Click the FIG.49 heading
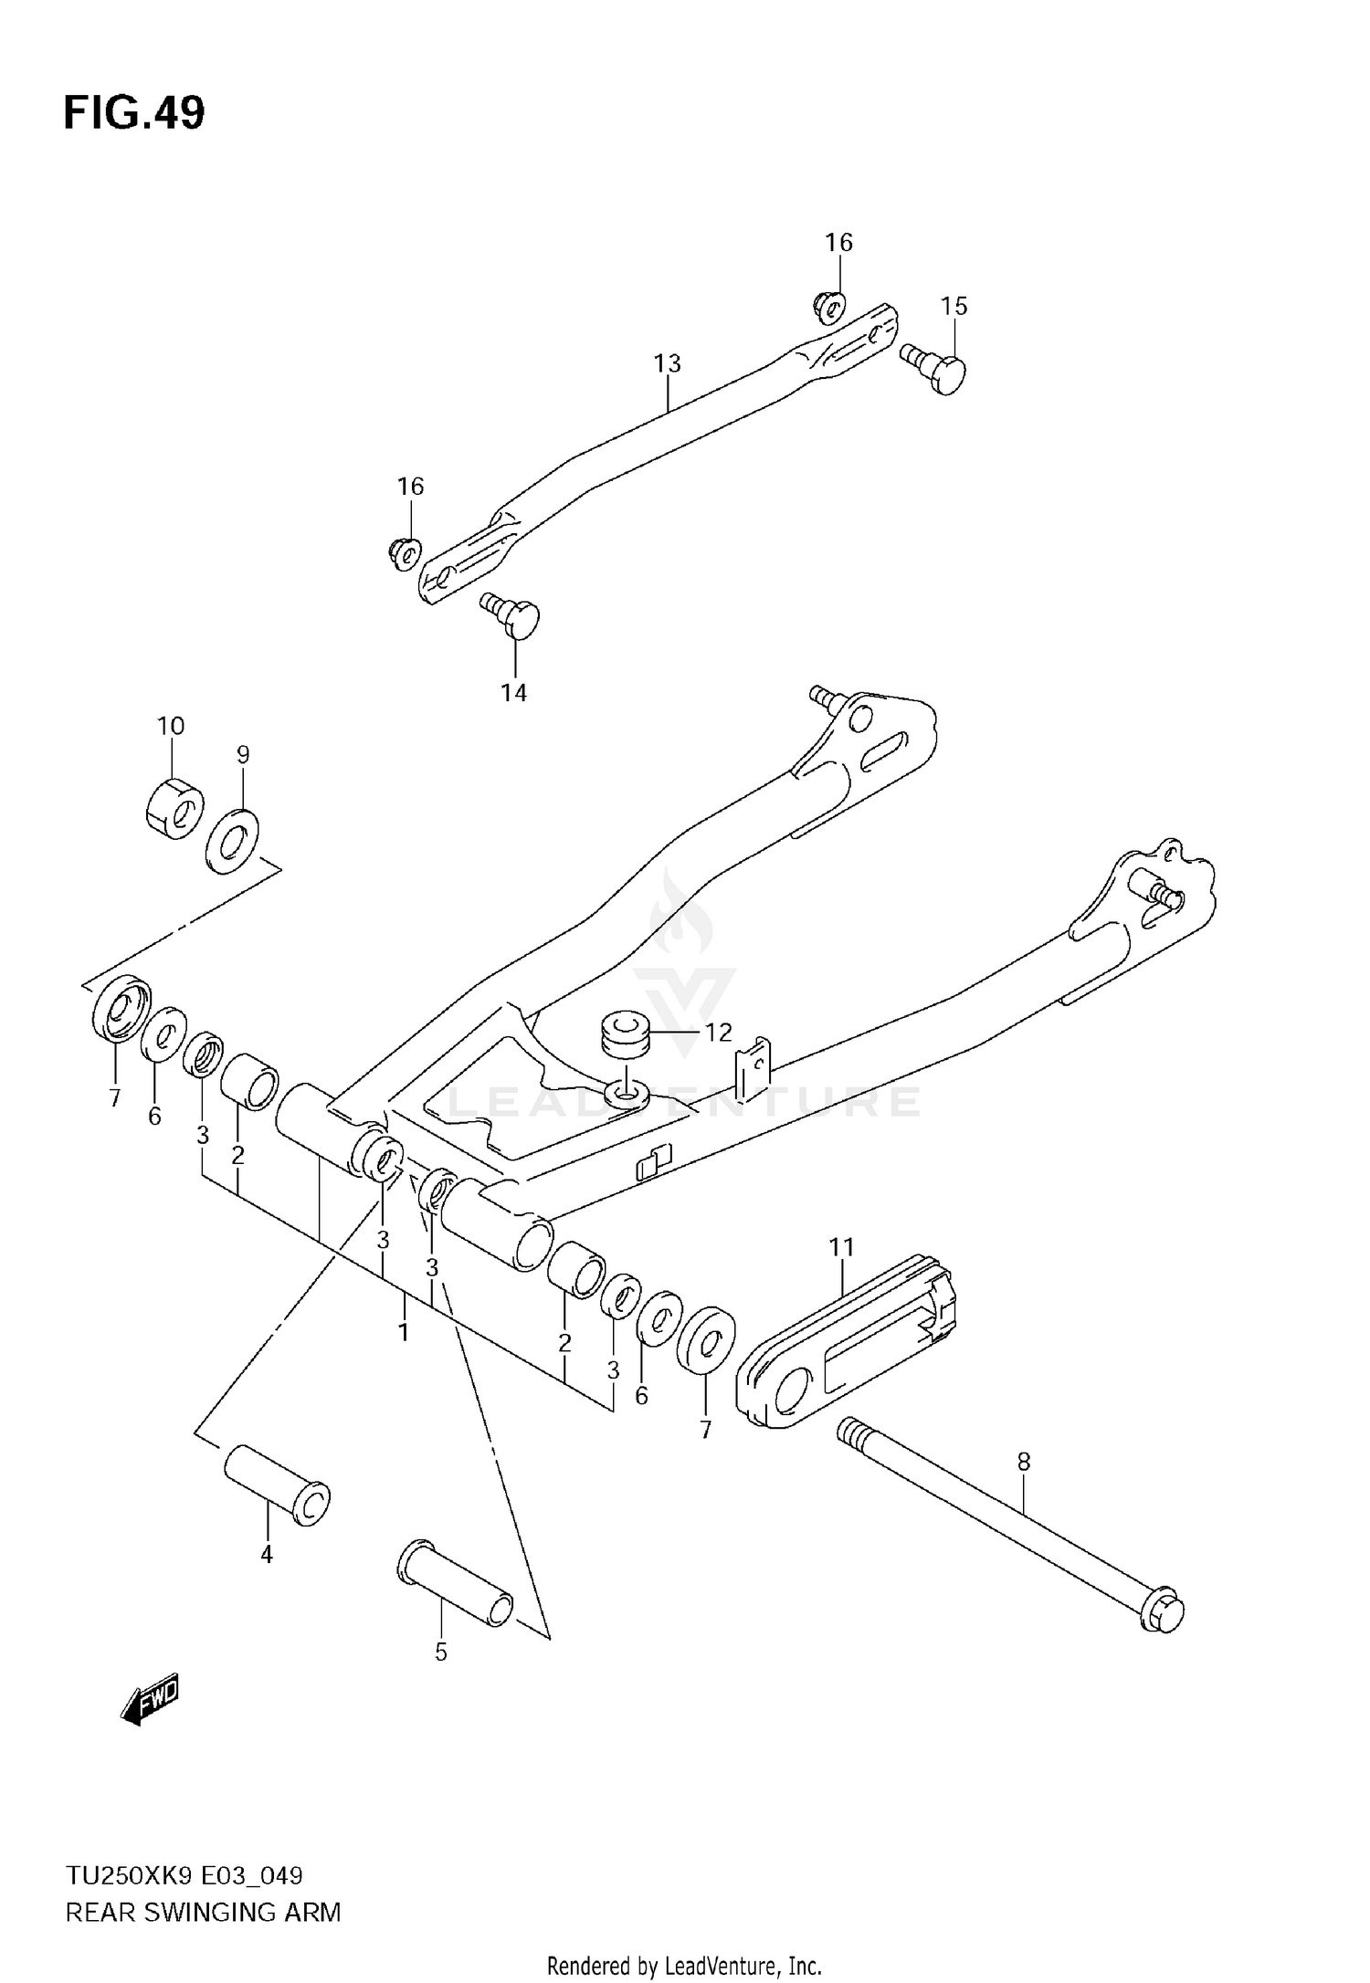point(134,114)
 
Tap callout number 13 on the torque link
point(667,363)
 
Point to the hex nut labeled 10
point(174,807)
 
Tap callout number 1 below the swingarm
point(403,1332)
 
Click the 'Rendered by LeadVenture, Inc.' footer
point(684,1965)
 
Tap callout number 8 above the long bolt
point(1023,1462)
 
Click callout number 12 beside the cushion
point(719,1032)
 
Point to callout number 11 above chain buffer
point(841,1246)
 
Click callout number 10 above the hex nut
point(171,726)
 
